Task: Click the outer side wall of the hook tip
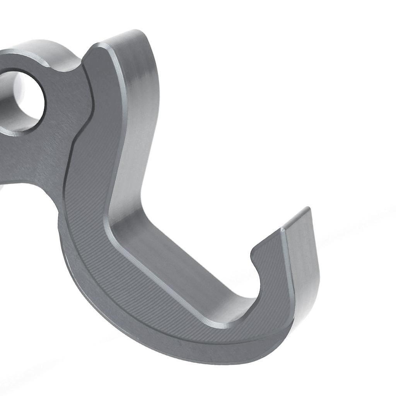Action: tap(306, 263)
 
